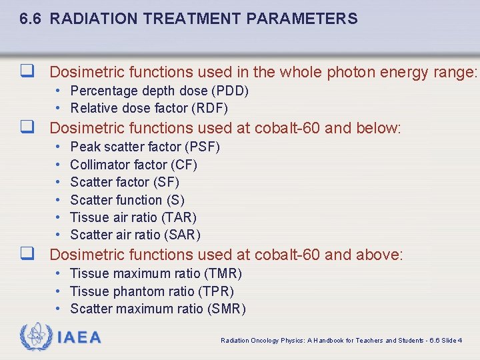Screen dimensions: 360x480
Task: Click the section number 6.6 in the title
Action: click(x=32, y=19)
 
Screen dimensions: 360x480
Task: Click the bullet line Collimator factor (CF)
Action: click(x=133, y=165)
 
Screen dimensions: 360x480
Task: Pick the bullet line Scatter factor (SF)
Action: click(x=124, y=182)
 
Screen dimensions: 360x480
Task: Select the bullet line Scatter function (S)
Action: click(x=127, y=200)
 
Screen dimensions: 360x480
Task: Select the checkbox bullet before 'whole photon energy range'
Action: click(x=27, y=71)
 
